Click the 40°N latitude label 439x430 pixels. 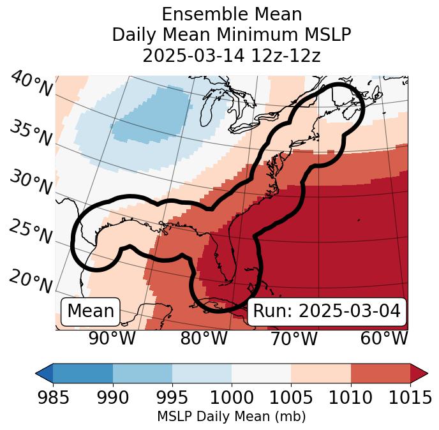pos(31,85)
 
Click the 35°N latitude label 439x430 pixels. pos(30,132)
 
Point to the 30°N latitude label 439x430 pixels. pos(30,182)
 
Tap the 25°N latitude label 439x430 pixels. pos(30,232)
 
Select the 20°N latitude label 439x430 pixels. pos(30,281)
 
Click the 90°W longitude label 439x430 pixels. pos(112,338)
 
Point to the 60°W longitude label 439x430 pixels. pos(383,338)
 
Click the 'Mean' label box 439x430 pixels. pos(91,311)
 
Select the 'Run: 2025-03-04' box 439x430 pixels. pos(327,311)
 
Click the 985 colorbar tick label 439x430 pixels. pos(53,398)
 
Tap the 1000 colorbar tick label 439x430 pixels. pos(232,398)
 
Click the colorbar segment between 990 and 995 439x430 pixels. pos(142,373)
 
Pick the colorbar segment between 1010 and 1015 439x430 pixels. pos(380,373)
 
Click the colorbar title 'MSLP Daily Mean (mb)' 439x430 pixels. pos(232,417)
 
